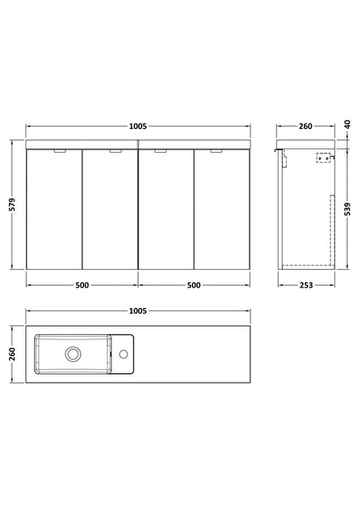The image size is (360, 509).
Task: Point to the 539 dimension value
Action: point(348,209)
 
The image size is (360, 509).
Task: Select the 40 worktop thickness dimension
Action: point(348,126)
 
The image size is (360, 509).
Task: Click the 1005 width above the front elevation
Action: point(138,126)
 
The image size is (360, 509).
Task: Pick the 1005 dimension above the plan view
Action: point(138,313)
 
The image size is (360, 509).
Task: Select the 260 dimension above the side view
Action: point(305,126)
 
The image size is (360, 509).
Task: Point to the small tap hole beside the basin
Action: point(124,353)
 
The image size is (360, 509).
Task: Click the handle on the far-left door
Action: point(57,152)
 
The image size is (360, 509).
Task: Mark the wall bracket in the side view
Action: point(322,157)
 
